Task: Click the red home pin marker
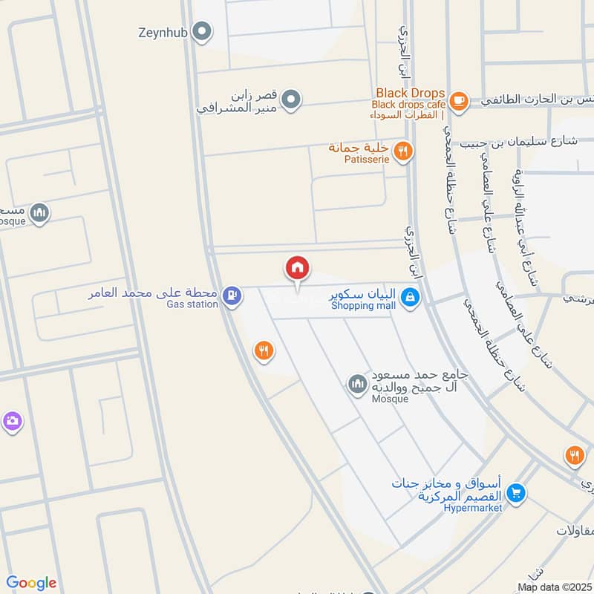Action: click(297, 268)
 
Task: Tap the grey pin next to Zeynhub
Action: click(201, 32)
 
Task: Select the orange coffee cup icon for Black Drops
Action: click(459, 100)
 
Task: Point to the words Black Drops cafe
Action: click(407, 105)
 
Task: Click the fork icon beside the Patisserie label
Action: click(402, 151)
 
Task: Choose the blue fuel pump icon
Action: click(233, 296)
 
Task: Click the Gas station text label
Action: click(192, 304)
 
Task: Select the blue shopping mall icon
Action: click(408, 298)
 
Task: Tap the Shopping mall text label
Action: click(362, 305)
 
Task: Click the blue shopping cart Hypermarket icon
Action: click(518, 492)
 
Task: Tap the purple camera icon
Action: click(12, 422)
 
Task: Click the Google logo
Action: click(31, 583)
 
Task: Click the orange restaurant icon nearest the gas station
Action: click(263, 350)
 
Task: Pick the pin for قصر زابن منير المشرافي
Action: click(293, 99)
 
